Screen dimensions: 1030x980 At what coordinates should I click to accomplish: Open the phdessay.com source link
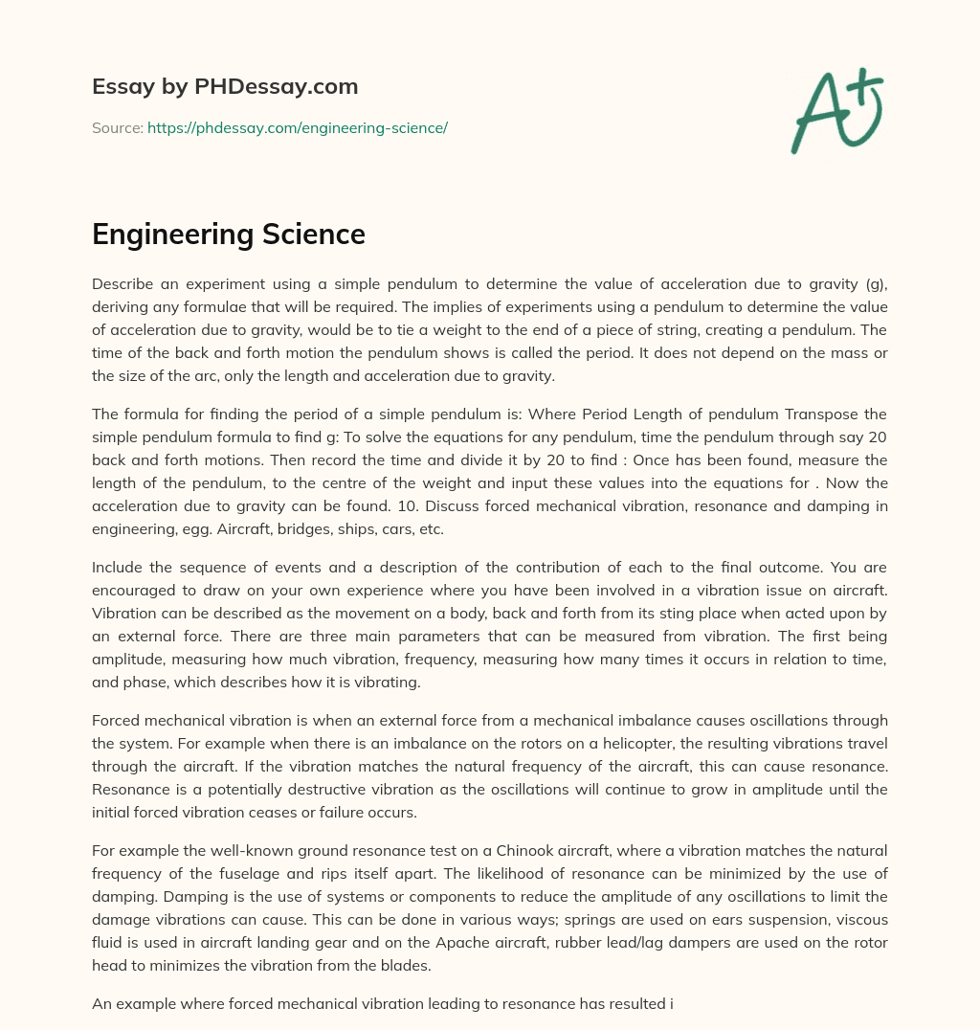pyautogui.click(x=298, y=127)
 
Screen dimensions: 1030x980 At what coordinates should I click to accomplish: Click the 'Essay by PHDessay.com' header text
pyautogui.click(x=225, y=87)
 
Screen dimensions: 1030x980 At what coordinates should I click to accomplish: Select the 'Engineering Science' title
pyautogui.click(x=229, y=235)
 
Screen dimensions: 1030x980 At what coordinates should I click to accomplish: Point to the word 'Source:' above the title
pyautogui.click(x=118, y=127)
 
